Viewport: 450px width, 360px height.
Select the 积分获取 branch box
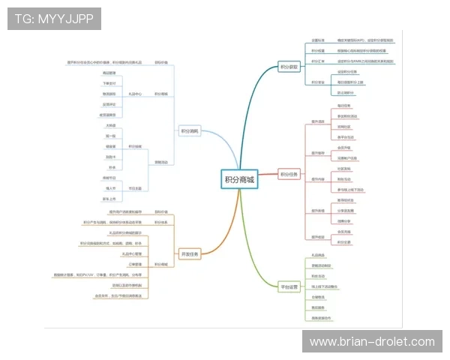point(289,67)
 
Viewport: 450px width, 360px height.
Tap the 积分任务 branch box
point(289,175)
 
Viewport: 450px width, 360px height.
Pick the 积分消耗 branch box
point(190,130)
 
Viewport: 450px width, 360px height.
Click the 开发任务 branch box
point(190,253)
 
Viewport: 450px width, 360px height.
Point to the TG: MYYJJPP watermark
point(54,18)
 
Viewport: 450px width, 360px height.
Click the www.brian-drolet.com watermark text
point(372,341)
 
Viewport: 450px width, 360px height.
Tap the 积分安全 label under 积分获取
point(318,82)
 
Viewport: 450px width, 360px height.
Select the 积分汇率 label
point(318,60)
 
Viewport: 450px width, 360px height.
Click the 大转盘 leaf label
point(111,125)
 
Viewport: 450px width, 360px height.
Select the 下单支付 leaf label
point(109,83)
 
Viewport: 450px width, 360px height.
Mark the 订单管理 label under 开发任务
point(134,264)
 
